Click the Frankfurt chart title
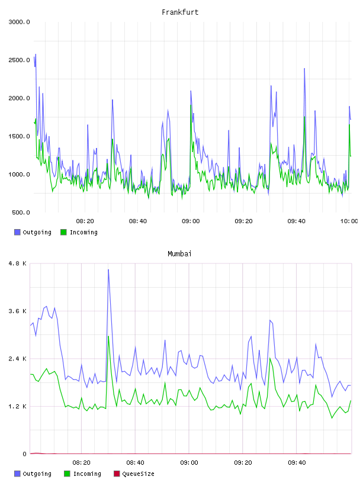180,12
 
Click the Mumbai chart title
179,253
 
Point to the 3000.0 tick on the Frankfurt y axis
19,22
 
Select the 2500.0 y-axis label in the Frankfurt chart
19,60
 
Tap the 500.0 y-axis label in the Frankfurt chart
21,212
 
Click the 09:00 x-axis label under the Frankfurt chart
191,221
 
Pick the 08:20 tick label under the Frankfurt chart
85,221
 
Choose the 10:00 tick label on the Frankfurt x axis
349,221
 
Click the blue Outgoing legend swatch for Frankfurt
17,232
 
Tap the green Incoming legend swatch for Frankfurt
63,232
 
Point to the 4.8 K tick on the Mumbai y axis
18,263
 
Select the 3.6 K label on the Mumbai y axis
18,311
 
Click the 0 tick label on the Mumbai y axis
25,454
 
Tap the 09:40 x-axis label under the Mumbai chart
297,463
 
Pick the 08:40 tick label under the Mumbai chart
135,463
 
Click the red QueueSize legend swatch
117,474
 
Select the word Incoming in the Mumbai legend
87,474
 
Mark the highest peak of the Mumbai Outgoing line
108,269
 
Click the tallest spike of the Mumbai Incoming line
108,336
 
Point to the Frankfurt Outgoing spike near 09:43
304,69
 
